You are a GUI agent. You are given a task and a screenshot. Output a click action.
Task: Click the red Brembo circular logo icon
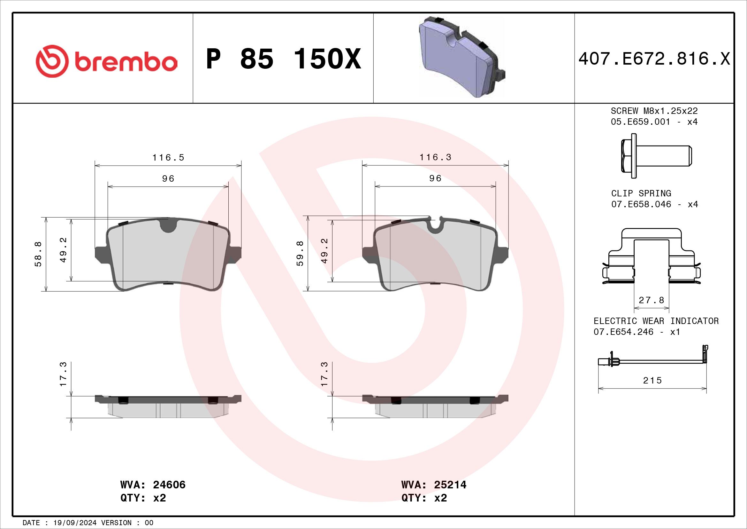point(52,61)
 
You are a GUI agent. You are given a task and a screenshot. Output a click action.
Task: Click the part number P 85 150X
point(283,59)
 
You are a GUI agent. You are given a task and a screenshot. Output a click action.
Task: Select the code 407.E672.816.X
point(654,59)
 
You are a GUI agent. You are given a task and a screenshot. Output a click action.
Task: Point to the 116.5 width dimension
point(168,158)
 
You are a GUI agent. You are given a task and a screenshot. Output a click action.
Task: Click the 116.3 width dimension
point(435,157)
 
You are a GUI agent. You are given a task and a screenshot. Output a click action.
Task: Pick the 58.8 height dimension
point(38,254)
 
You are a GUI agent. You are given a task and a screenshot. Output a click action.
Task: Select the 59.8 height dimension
point(300,253)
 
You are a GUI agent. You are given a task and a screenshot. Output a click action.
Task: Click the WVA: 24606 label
point(153,485)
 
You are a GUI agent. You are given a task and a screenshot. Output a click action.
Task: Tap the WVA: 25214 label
point(434,485)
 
